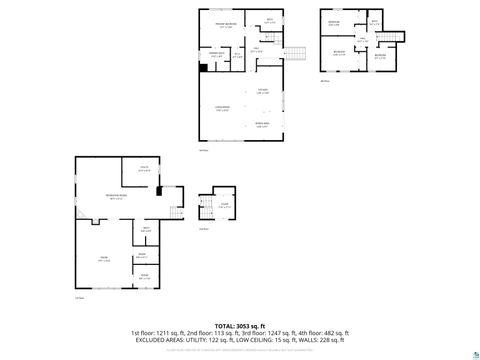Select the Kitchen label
pos(263,90)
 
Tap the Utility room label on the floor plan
pos(145,170)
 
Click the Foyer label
pos(225,205)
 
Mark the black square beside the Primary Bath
pos(204,68)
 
